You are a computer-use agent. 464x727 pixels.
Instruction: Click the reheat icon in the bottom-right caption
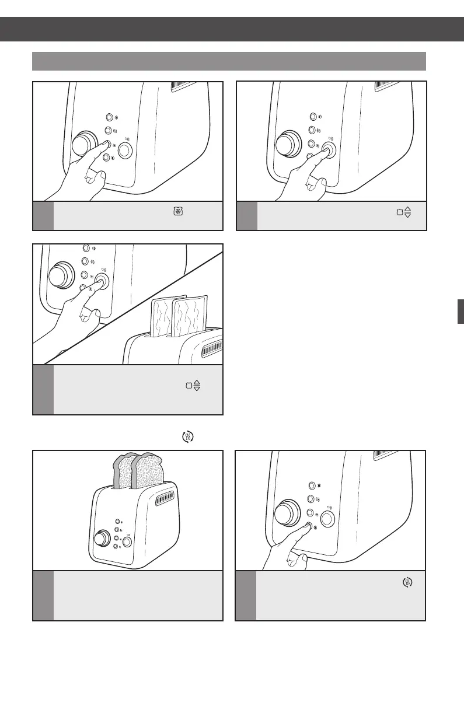tap(409, 581)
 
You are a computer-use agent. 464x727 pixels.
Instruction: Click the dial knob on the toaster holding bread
tap(103, 537)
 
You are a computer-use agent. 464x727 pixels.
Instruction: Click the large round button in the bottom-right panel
tap(326, 519)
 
